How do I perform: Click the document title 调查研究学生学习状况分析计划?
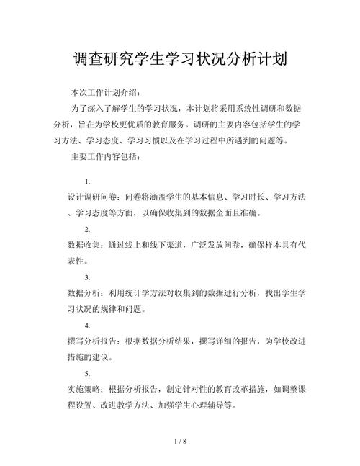click(x=180, y=58)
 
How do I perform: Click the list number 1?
click(x=87, y=181)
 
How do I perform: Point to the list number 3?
click(x=87, y=277)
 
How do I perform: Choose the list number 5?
click(x=87, y=374)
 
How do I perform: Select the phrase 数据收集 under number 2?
click(x=84, y=245)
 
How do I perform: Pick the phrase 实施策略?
click(x=84, y=390)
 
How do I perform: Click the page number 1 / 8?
click(x=180, y=440)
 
